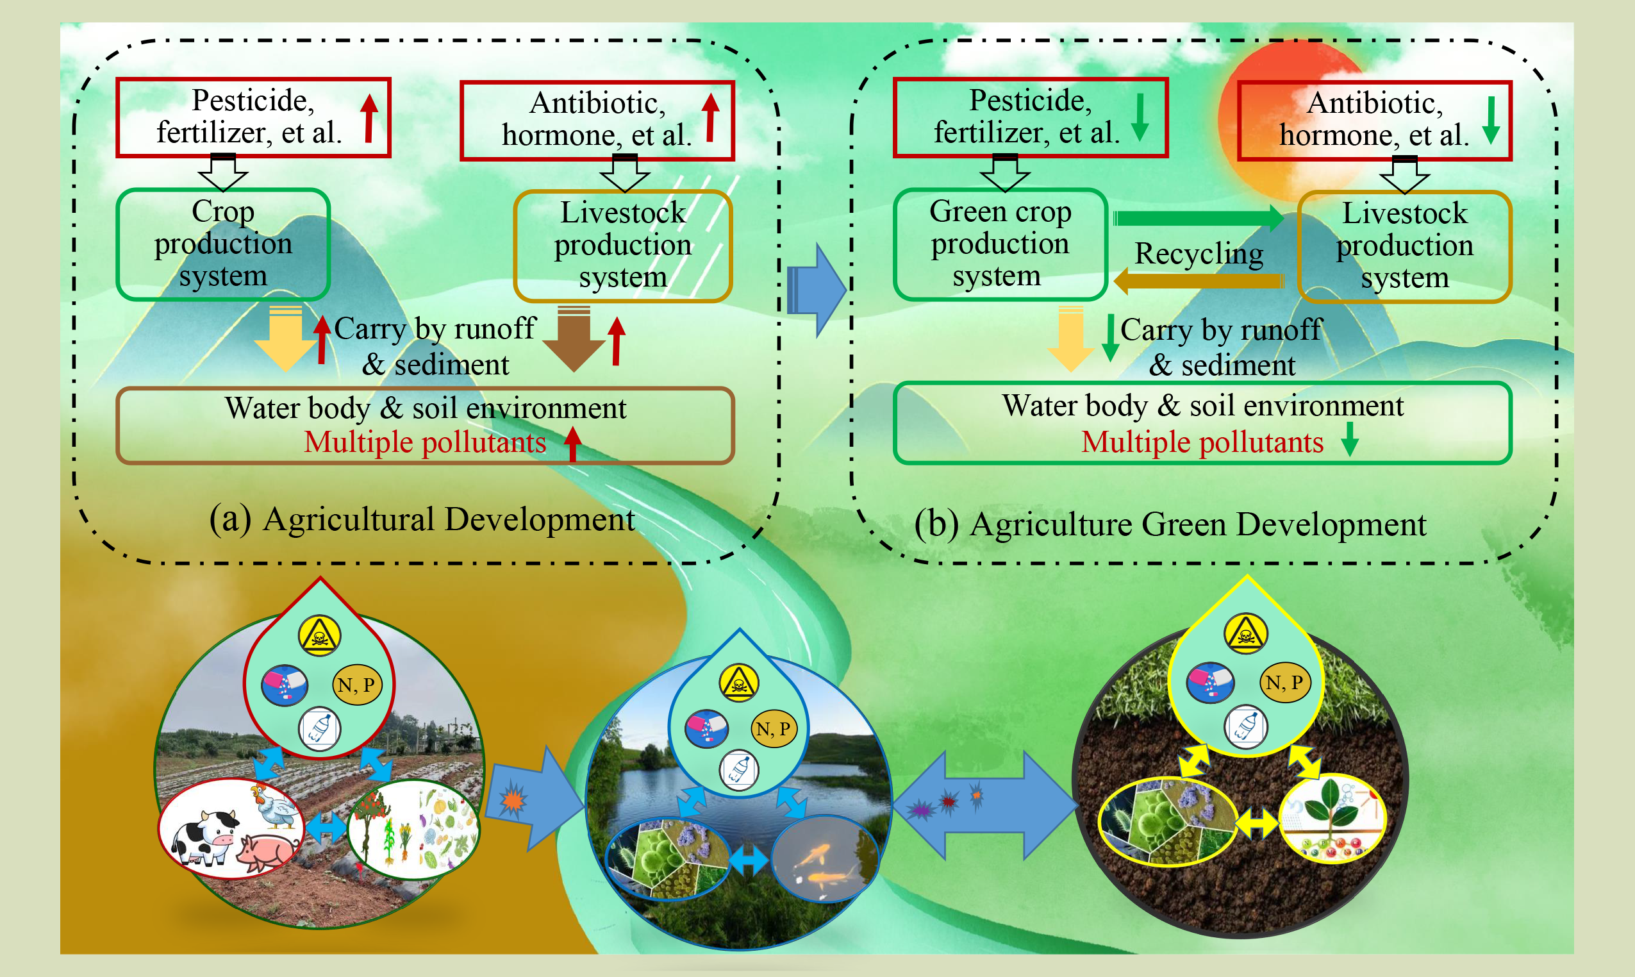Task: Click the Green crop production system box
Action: pos(999,244)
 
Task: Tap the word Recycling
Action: pos(1199,253)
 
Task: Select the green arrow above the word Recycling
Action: pos(1198,218)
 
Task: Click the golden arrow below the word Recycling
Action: pos(1198,281)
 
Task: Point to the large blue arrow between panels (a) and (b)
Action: pos(816,290)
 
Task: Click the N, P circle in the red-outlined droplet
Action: pos(356,685)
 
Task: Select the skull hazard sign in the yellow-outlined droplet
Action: pos(1245,633)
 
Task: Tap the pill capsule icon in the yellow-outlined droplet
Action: pos(1210,682)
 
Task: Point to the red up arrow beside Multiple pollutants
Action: pos(572,442)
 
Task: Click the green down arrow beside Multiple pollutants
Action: pos(1349,439)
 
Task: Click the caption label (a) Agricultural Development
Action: pos(422,519)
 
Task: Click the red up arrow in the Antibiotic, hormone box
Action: pos(710,117)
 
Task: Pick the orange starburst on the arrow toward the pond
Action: pos(513,801)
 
